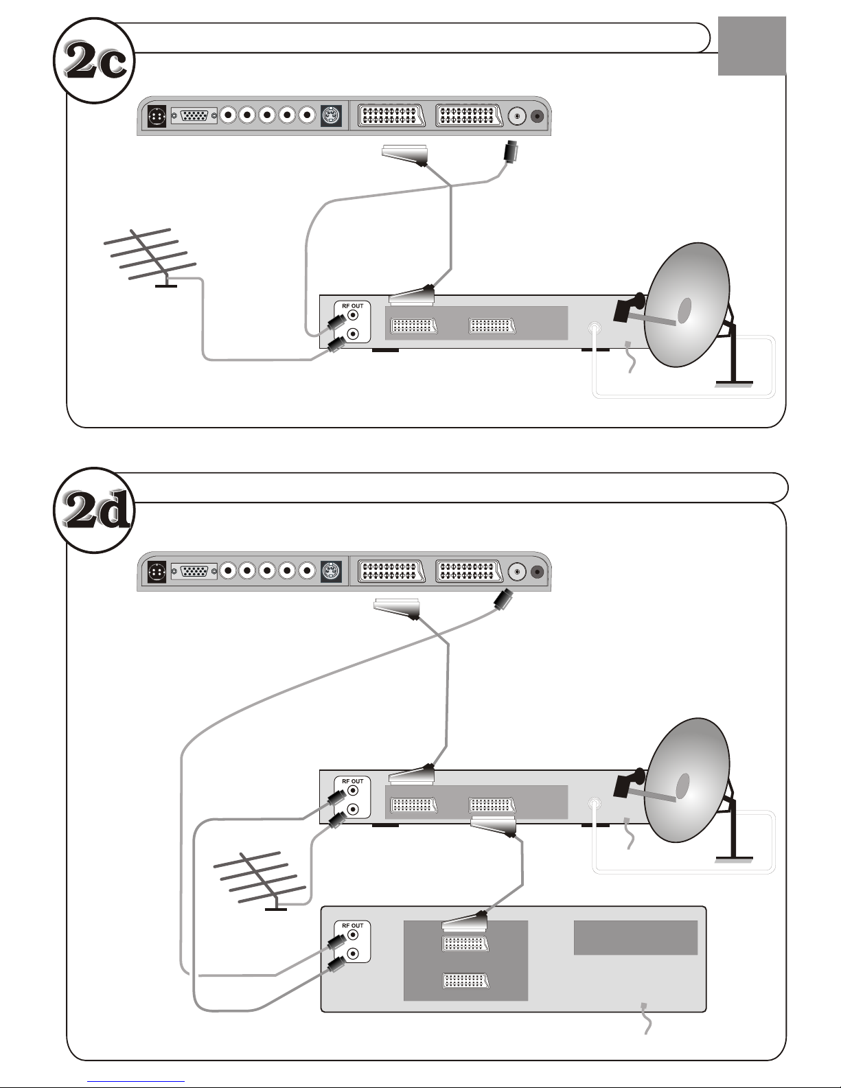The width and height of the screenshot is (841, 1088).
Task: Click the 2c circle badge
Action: (94, 60)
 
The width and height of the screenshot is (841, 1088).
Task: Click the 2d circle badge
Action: (94, 510)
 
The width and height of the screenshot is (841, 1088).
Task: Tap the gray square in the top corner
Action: (752, 45)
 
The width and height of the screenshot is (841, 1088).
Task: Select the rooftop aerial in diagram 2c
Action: (150, 258)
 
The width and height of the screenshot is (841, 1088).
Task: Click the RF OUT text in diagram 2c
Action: (352, 306)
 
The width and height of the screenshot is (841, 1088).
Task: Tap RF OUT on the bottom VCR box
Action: (352, 926)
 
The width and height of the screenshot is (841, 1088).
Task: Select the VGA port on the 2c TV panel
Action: (194, 115)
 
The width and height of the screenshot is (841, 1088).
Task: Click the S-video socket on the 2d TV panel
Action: (331, 571)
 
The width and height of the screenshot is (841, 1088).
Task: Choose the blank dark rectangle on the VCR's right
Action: (635, 937)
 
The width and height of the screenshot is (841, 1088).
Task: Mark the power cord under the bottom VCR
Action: (647, 1018)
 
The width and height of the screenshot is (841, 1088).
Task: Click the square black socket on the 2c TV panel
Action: (157, 117)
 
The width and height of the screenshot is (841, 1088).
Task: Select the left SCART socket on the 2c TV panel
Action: (391, 115)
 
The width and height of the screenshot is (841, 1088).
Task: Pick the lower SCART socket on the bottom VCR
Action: (465, 980)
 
